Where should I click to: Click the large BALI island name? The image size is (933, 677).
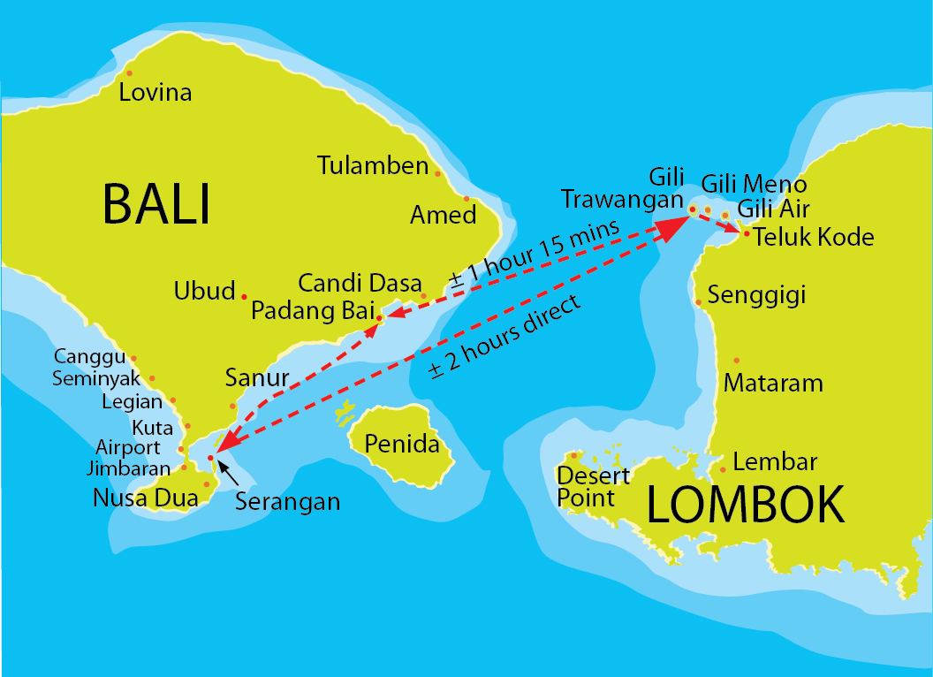tap(157, 203)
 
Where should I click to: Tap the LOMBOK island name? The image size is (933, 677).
tap(746, 505)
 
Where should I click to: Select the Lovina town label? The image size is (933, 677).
tap(155, 92)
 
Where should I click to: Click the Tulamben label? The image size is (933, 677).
tap(373, 165)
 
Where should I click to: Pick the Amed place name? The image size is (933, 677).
tap(444, 215)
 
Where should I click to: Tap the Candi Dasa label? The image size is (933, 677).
tap(360, 284)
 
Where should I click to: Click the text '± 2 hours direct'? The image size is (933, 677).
tap(505, 337)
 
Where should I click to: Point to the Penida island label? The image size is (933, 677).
tap(402, 444)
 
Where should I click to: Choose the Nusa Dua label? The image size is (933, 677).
tap(145, 498)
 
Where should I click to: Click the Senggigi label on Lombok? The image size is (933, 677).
tap(757, 295)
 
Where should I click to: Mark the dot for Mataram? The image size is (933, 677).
tap(737, 361)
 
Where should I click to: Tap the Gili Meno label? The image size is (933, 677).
tap(754, 184)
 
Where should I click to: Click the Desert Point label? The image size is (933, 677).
tap(593, 487)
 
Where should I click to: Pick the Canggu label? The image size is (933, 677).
tap(90, 357)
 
